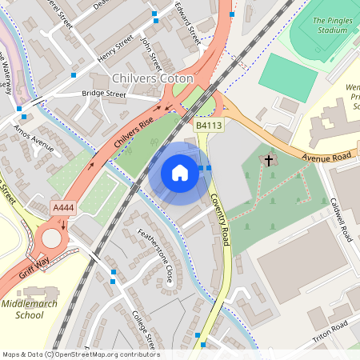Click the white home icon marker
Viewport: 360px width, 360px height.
click(180, 172)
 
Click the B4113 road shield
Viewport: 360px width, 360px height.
click(209, 125)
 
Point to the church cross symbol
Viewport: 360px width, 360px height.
click(269, 161)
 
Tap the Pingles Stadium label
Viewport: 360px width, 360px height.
click(330, 25)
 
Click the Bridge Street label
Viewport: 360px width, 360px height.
click(104, 94)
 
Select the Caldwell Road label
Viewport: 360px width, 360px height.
click(343, 217)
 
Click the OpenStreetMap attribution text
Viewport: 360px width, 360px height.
click(81, 354)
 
